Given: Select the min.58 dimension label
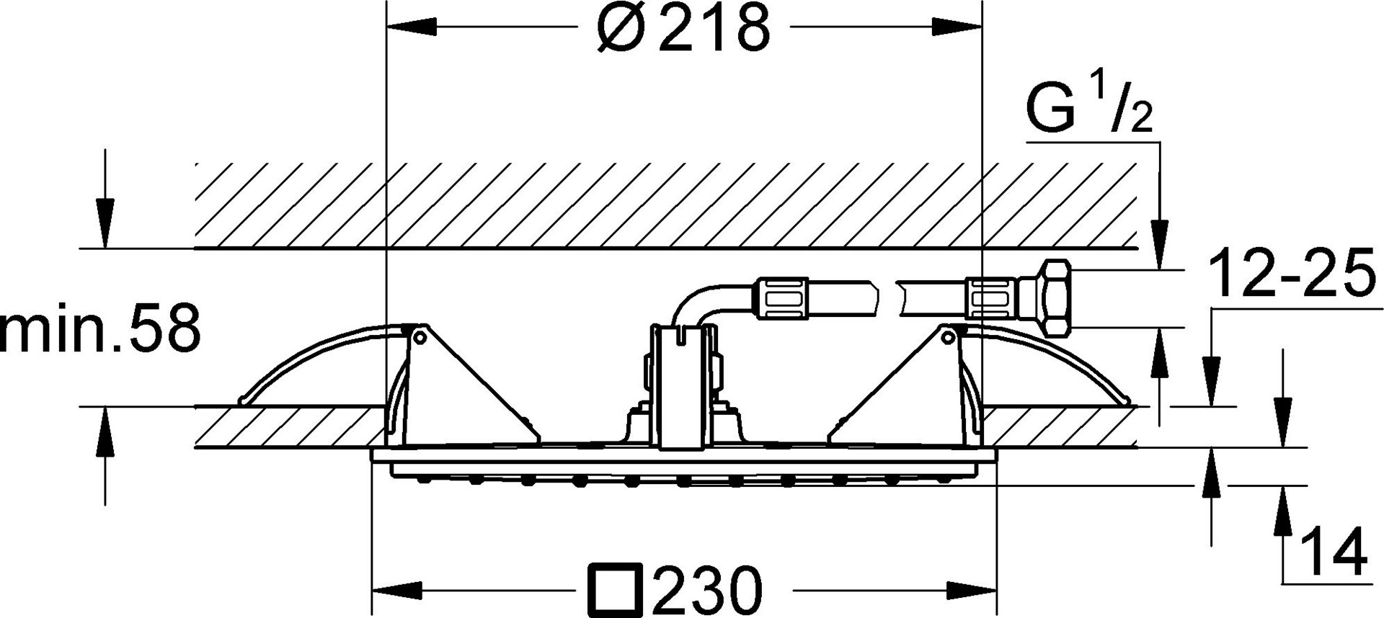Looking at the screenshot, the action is coord(100,329).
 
